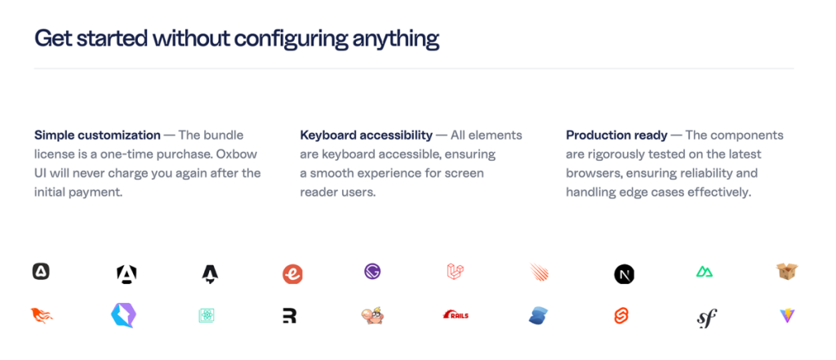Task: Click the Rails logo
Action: tap(456, 315)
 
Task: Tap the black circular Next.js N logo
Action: tap(624, 274)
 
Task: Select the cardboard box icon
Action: tap(787, 272)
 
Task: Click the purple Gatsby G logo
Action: tap(372, 272)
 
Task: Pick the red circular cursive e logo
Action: tap(293, 274)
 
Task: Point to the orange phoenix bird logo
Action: tap(42, 316)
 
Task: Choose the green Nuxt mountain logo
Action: tap(705, 272)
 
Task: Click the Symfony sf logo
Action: tap(707, 318)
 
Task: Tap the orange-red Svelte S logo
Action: tap(621, 316)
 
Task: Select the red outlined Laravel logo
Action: tap(456, 272)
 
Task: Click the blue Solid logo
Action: tap(539, 316)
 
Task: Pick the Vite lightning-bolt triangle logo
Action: tap(787, 316)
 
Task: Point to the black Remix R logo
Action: tap(290, 316)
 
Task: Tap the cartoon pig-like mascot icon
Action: tap(372, 316)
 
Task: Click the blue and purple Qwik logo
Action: tap(122, 315)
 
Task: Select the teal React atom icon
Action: tap(207, 316)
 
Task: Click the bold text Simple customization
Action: tap(98, 135)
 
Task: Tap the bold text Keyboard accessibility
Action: tap(367, 135)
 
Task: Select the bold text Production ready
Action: tap(617, 135)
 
